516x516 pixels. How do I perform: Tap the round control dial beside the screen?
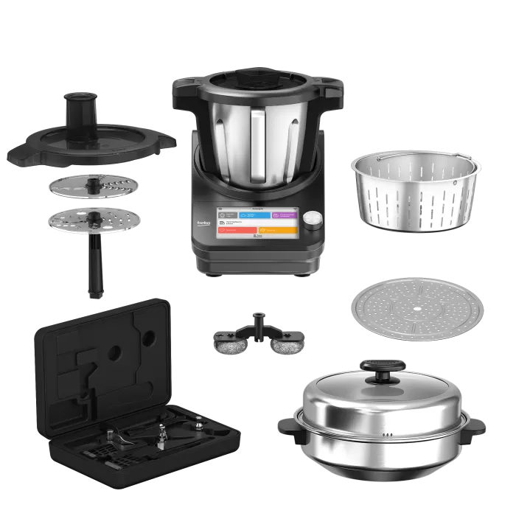click(314, 220)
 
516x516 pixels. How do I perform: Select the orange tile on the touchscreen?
click(279, 229)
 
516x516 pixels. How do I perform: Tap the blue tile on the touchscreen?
click(251, 216)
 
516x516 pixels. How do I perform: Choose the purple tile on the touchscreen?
click(284, 216)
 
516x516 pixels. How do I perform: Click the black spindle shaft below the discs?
click(95, 269)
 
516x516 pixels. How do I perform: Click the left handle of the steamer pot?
click(287, 425)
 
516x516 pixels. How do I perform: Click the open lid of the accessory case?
click(103, 361)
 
